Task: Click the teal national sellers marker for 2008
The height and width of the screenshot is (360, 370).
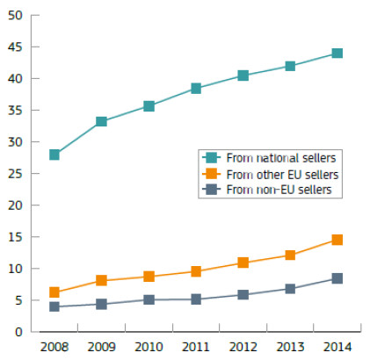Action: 54,155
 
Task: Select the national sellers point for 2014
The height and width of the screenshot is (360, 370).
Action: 337,54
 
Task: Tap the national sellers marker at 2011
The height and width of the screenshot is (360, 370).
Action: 196,88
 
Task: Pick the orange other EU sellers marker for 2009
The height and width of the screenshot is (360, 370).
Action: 101,280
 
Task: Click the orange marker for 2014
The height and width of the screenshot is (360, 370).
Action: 337,240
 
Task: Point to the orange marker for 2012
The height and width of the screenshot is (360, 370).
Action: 243,263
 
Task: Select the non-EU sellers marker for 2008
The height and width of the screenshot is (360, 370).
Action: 54,306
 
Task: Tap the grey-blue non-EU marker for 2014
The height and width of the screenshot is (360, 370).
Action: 337,278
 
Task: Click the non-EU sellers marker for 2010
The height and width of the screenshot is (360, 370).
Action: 149,299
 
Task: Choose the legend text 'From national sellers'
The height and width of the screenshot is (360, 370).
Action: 281,158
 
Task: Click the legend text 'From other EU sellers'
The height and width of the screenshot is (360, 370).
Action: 282,175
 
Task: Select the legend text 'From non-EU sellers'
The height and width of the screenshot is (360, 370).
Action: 279,190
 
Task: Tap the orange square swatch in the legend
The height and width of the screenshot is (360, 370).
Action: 211,174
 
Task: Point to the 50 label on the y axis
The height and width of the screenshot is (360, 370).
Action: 15,15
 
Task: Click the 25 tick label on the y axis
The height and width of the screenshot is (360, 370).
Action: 15,174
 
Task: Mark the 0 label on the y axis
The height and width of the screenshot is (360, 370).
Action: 18,332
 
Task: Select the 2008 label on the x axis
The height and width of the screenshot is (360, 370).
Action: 54,347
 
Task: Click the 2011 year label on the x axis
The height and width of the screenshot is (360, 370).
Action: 196,347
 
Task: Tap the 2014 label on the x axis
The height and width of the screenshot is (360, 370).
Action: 337,347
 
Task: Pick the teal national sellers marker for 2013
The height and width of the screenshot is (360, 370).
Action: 290,66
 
